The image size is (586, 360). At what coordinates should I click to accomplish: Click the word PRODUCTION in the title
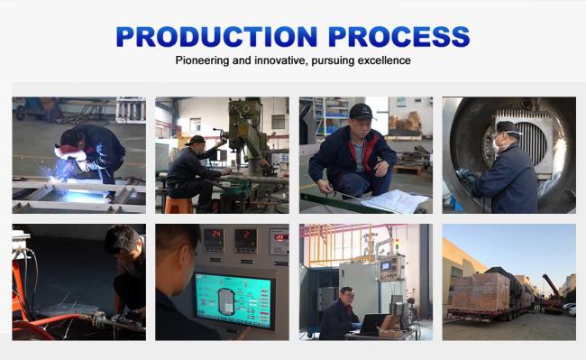(x=216, y=36)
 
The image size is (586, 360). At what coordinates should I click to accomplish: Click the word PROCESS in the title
(x=399, y=36)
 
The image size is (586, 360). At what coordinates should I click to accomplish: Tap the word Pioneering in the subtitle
(x=202, y=60)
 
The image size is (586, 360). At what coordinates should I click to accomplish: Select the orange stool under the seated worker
(x=179, y=205)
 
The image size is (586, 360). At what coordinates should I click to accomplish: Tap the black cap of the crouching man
(x=361, y=111)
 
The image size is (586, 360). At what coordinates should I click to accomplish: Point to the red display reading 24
(x=215, y=235)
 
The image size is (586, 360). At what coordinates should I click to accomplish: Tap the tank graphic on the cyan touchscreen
(x=225, y=301)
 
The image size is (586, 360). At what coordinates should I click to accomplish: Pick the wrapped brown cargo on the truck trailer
(x=481, y=291)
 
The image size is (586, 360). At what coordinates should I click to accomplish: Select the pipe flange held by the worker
(x=100, y=319)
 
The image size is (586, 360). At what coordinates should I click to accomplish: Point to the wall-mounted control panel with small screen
(x=391, y=268)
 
